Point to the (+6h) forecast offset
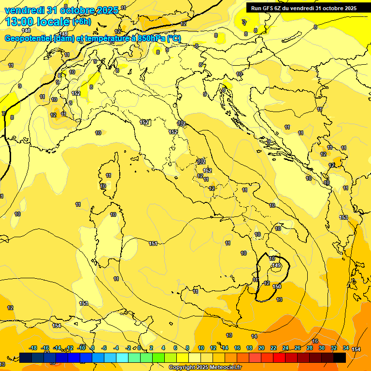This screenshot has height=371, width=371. (84, 22)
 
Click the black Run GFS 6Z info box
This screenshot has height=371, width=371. (304, 8)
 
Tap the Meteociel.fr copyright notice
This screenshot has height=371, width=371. (205, 367)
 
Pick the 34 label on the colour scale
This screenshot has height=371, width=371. (346, 348)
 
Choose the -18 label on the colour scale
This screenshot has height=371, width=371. (33, 348)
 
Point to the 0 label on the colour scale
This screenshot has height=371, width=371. (139, 348)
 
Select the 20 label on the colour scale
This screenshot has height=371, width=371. (261, 348)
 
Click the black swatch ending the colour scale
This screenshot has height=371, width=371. (339, 357)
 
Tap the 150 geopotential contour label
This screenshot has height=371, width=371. (277, 286)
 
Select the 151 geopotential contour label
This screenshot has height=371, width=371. (153, 243)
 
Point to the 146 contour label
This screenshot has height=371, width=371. (26, 30)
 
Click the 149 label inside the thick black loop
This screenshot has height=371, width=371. (276, 265)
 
